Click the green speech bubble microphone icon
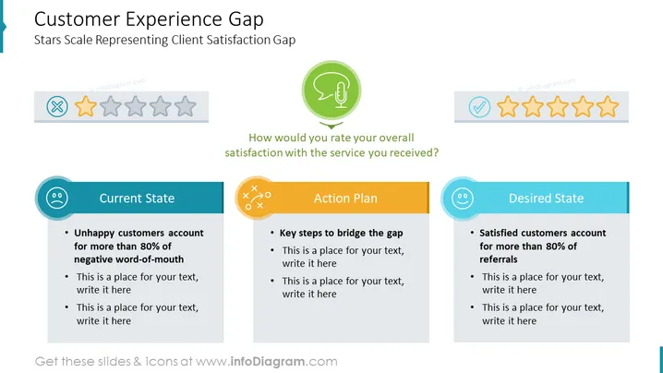(331, 90)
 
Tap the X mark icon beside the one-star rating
(57, 106)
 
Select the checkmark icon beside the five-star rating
(479, 106)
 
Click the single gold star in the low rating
(85, 106)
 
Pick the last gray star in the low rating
(186, 106)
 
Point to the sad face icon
(56, 198)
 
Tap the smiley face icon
(462, 198)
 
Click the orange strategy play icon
(256, 198)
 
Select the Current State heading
(137, 199)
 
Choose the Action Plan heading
(345, 199)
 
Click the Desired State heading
(546, 199)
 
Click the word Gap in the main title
(247, 19)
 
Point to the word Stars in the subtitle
(48, 40)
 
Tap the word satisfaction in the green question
(253, 152)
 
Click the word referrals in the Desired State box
(499, 259)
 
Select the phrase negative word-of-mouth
(129, 259)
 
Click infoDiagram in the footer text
(268, 362)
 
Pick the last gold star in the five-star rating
(608, 106)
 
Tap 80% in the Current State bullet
(150, 247)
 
